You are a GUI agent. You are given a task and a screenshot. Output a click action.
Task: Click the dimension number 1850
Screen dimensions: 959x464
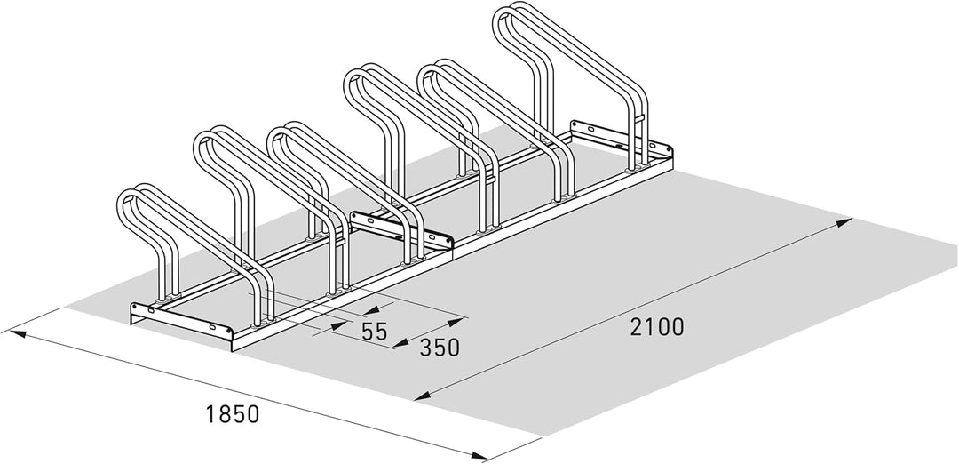coord(233,414)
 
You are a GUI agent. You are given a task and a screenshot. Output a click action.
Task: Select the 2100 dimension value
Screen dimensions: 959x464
coord(657,327)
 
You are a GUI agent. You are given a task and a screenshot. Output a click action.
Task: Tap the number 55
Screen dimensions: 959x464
coord(375,332)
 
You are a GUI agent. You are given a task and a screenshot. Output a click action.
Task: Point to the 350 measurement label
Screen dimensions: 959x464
coord(440,348)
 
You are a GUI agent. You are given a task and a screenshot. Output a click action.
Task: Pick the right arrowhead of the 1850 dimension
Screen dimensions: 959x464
coord(479,455)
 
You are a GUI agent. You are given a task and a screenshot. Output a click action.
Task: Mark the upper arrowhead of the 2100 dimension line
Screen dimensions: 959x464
coord(844,221)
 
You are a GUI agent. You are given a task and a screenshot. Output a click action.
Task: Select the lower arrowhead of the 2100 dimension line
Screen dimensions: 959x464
coord(422,397)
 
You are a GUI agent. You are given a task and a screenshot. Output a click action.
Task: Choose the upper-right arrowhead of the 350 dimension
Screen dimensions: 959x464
coord(456,320)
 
